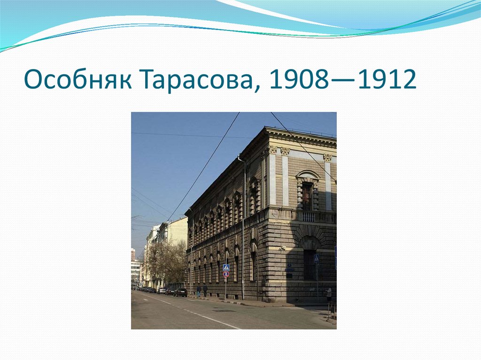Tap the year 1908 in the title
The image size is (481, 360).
click(x=294, y=80)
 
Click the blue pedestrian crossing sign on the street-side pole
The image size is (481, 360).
click(x=226, y=267)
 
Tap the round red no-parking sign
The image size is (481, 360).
click(x=226, y=274)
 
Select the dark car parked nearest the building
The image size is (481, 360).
click(x=180, y=292)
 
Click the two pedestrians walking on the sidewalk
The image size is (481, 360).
click(x=202, y=290)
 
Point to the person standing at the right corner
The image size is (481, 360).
click(x=329, y=294)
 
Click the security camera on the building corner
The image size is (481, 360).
click(x=282, y=247)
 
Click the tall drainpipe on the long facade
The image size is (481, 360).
click(x=244, y=225)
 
